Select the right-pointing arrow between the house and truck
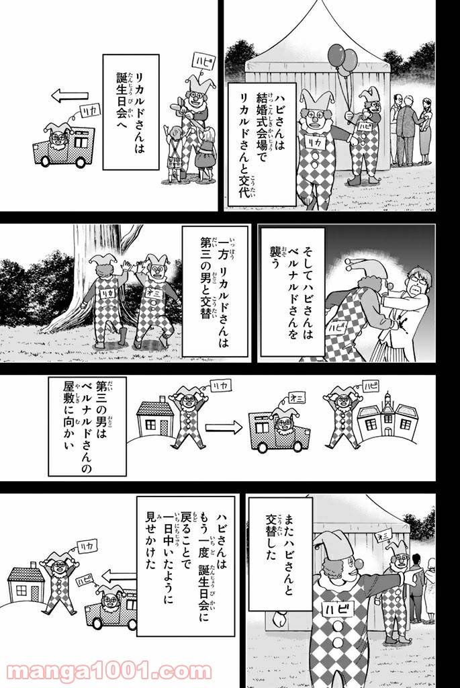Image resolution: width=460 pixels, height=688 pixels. tap(222, 425)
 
